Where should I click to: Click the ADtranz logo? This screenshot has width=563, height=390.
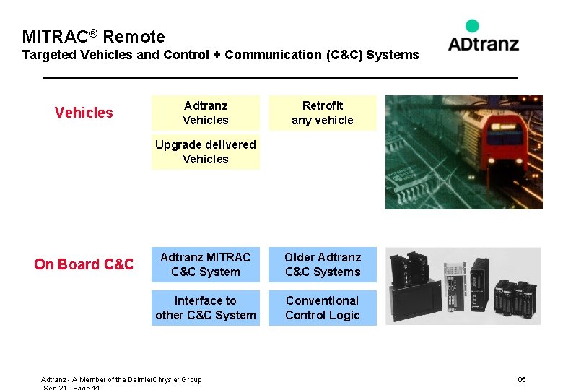[483, 43]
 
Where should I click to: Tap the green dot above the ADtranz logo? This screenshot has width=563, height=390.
[472, 26]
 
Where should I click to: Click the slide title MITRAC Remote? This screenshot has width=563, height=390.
[93, 37]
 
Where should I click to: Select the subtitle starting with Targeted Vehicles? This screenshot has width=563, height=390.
[220, 55]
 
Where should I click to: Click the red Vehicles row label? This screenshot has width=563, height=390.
[84, 113]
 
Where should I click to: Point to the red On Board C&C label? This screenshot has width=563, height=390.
[84, 264]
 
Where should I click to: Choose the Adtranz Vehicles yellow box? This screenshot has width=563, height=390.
[206, 113]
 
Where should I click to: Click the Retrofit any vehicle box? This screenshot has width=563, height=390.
[323, 113]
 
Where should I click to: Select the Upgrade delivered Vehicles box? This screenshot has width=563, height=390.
[206, 152]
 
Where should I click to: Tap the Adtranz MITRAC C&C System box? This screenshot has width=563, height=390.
[206, 264]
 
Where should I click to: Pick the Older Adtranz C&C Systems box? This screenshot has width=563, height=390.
[323, 264]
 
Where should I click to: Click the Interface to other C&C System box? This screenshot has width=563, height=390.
[206, 308]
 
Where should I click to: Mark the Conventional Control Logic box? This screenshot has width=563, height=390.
[323, 308]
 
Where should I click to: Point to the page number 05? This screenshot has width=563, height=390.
[522, 379]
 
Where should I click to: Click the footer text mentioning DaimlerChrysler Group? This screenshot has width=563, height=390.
[121, 379]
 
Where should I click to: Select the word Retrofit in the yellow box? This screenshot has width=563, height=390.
[323, 105]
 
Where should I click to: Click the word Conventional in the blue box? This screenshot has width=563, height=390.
[323, 300]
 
